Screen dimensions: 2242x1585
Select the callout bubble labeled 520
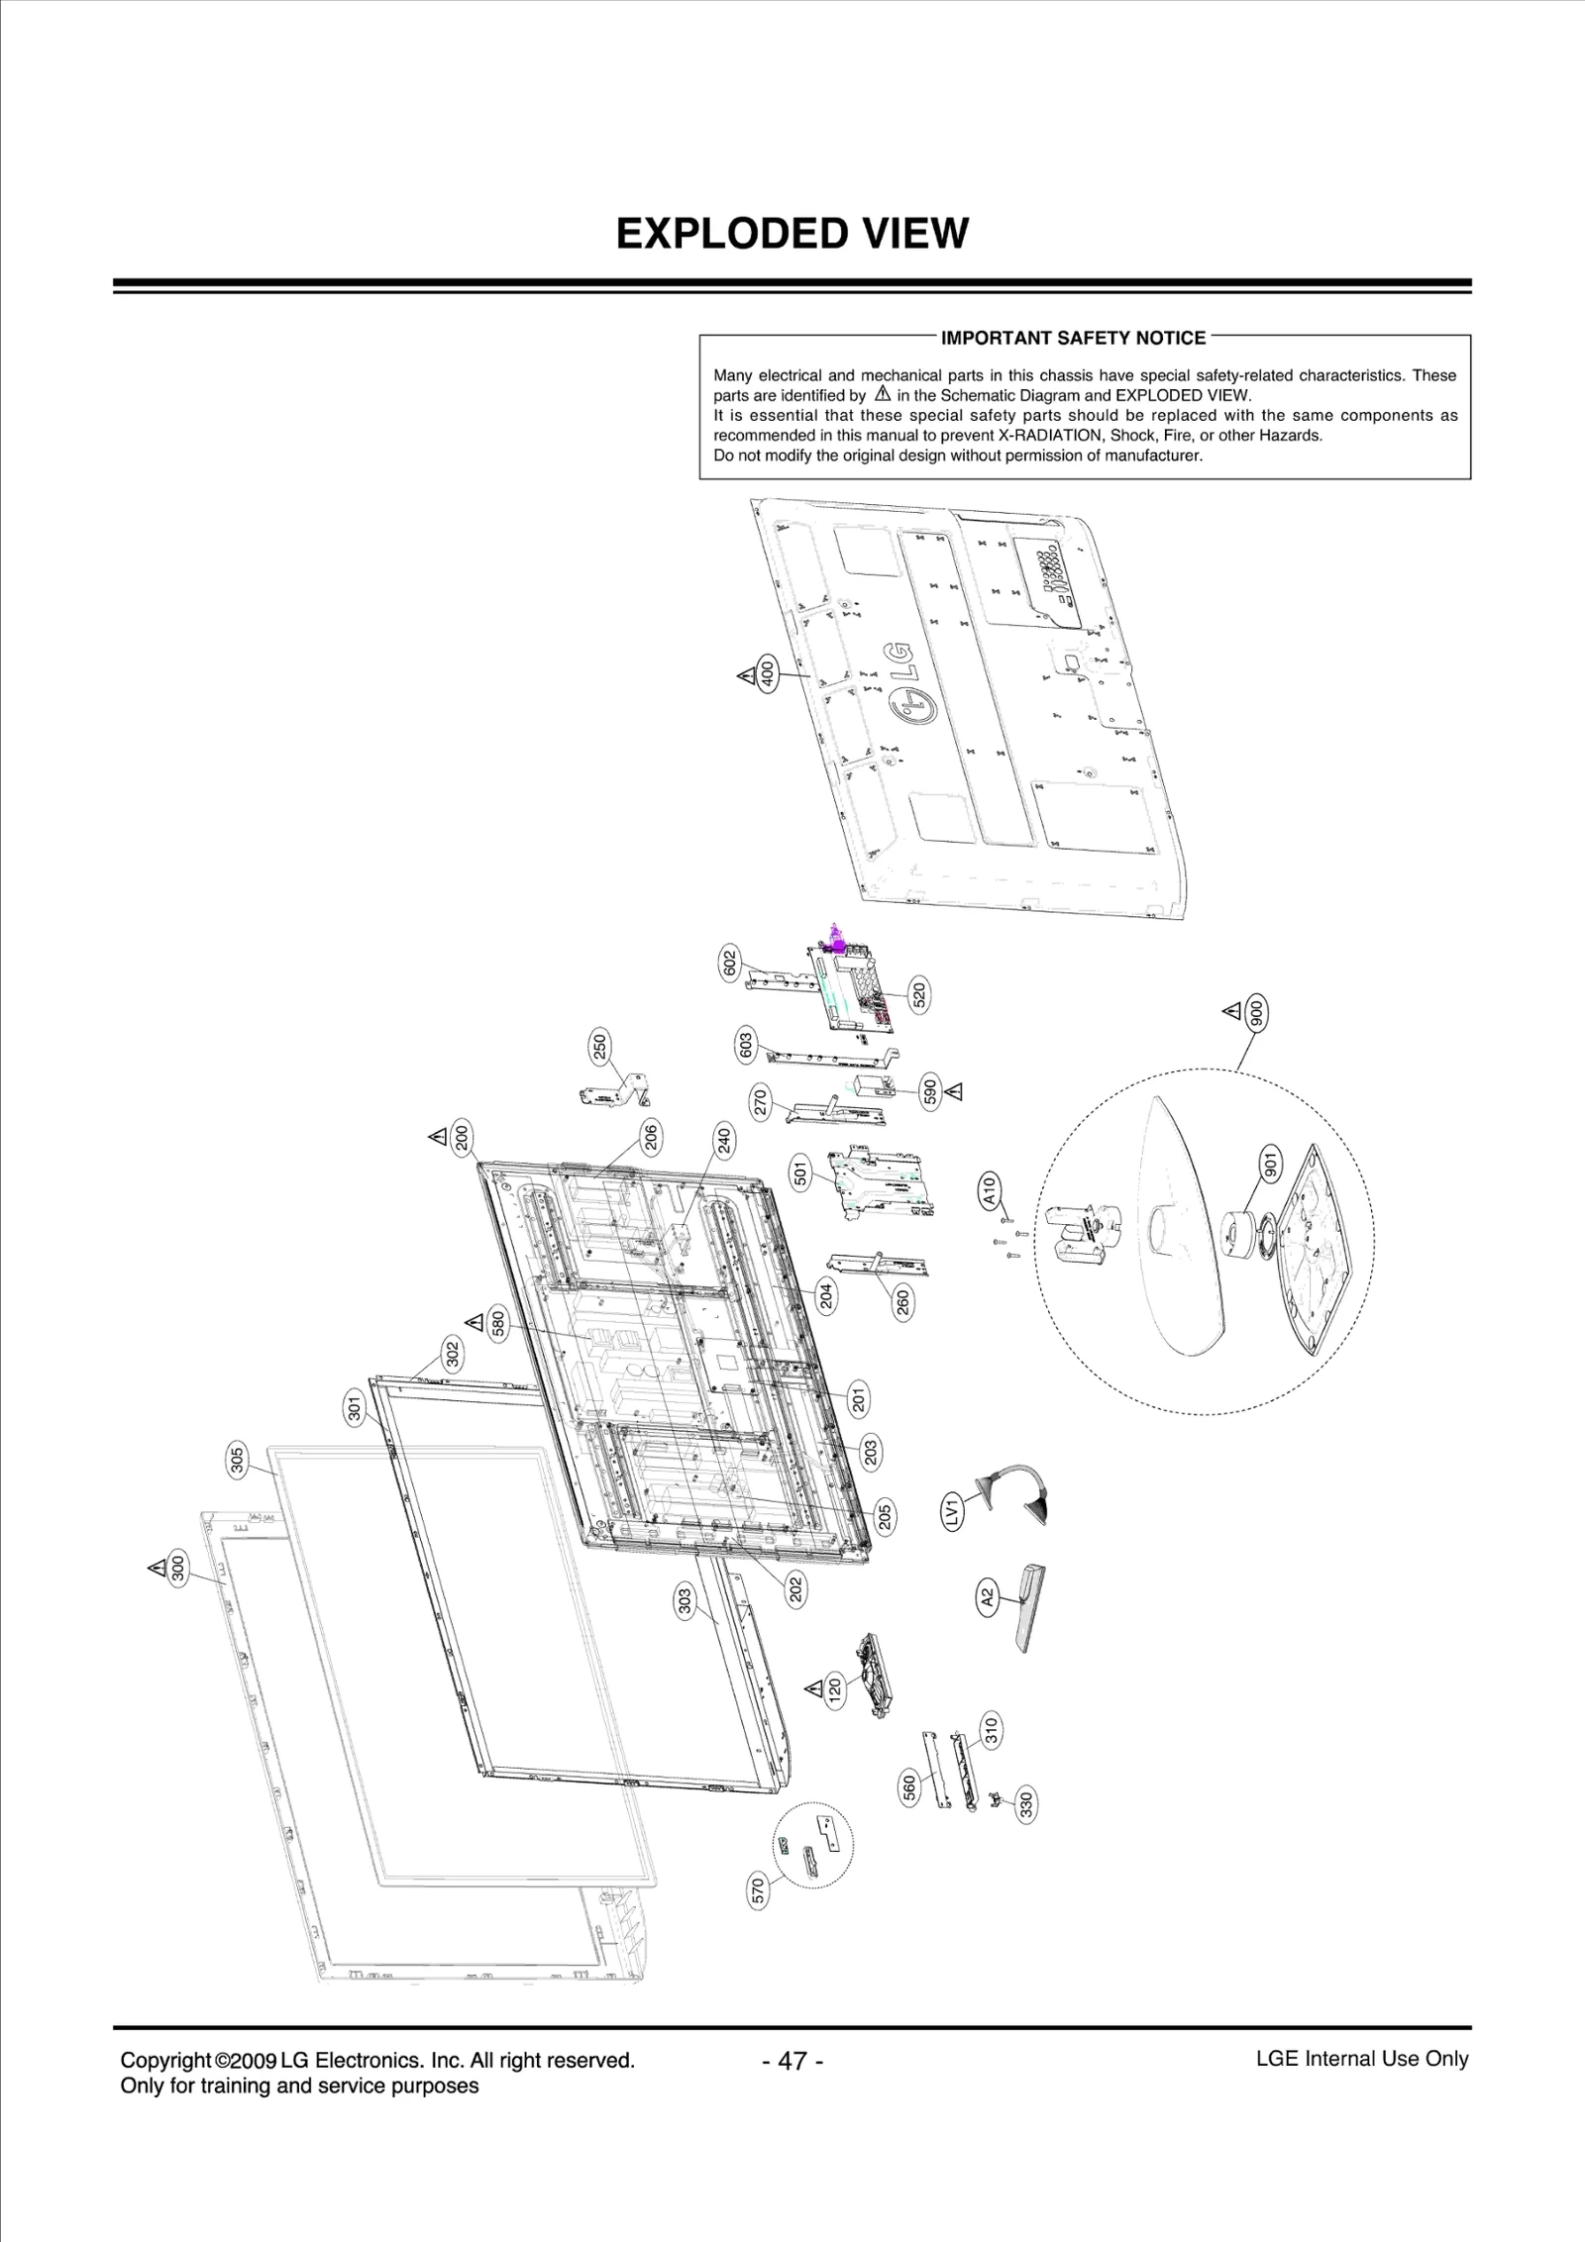click(918, 994)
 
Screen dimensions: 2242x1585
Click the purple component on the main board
click(834, 939)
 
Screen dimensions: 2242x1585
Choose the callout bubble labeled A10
click(988, 1188)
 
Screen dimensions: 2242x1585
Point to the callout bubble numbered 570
click(759, 1888)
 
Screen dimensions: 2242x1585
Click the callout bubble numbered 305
click(237, 1462)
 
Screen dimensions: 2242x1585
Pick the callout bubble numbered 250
click(600, 1048)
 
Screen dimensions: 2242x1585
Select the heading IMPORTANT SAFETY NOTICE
click(1073, 339)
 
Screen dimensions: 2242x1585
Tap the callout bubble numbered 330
click(1026, 1804)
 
